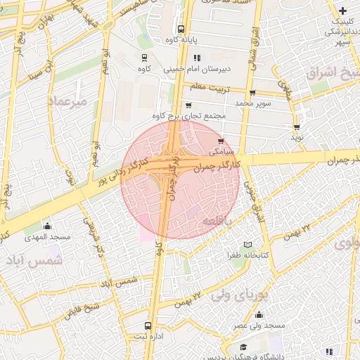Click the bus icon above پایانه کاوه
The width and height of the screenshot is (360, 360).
click(x=181, y=30)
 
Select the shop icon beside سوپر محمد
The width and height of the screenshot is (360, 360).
click(x=252, y=92)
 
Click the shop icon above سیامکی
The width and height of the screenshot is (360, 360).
click(x=222, y=141)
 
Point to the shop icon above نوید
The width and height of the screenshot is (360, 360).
click(x=297, y=127)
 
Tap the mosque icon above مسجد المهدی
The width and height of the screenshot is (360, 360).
click(x=47, y=226)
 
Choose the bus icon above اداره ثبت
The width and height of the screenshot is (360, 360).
click(x=147, y=326)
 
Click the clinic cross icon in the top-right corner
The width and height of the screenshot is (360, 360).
click(x=342, y=11)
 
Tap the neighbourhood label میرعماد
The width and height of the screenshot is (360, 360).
click(x=66, y=102)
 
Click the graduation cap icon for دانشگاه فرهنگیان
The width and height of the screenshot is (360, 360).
click(x=243, y=347)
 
